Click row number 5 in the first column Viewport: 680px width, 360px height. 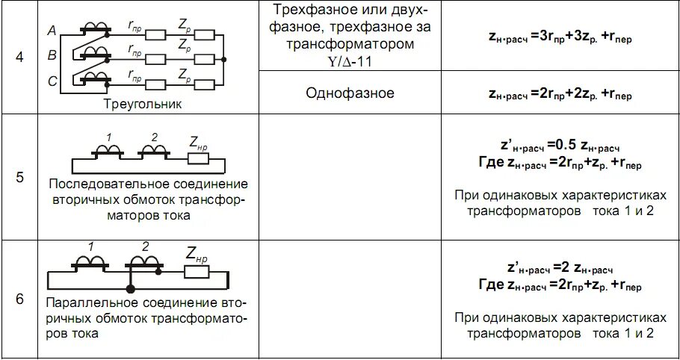(19, 178)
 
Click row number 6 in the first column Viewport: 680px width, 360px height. (19, 299)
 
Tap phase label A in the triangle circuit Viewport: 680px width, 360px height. (52, 31)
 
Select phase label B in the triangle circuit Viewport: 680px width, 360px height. (52, 55)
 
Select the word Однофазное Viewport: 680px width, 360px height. (350, 93)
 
